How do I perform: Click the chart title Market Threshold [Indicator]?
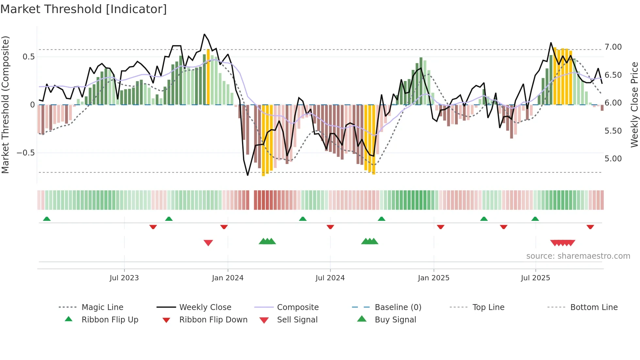[84, 9]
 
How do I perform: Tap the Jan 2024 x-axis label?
[228, 278]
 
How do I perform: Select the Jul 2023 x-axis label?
[124, 278]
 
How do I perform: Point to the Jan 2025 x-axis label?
[434, 278]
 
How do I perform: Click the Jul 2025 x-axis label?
[536, 278]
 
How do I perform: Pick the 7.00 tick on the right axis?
[613, 47]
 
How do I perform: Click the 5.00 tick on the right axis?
[613, 159]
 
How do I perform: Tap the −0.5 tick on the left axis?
[25, 153]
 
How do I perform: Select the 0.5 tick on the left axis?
[28, 57]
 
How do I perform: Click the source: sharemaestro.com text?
[578, 256]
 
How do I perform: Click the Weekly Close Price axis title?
[634, 105]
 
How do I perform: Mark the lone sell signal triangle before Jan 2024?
[208, 243]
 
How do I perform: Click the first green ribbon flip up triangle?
[47, 219]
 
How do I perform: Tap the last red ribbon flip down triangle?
[590, 227]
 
